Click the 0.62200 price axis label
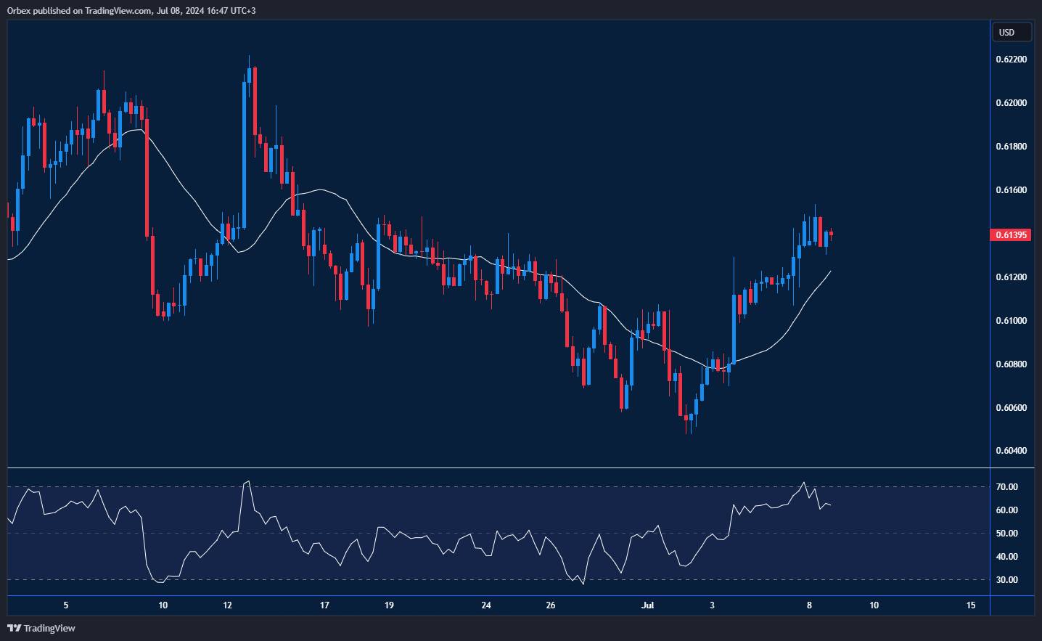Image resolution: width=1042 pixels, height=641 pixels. pyautogui.click(x=1011, y=60)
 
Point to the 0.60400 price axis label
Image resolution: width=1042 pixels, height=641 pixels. pyautogui.click(x=1011, y=451)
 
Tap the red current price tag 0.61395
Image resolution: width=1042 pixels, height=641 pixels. pyautogui.click(x=1010, y=235)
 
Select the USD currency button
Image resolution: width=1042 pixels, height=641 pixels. pyautogui.click(x=1011, y=33)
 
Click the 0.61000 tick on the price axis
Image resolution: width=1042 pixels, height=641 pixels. pyautogui.click(x=1011, y=321)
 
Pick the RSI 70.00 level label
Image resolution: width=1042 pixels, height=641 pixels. pyautogui.click(x=1006, y=487)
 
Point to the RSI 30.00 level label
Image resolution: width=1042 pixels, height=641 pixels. pyautogui.click(x=1006, y=580)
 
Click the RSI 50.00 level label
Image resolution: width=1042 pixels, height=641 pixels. pyautogui.click(x=1006, y=534)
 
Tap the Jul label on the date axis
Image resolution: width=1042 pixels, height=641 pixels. pyautogui.click(x=647, y=605)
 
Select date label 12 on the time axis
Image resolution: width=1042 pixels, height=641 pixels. pyautogui.click(x=227, y=605)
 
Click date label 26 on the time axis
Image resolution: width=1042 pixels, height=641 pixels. pyautogui.click(x=551, y=605)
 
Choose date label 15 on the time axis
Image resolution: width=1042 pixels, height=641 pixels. pyautogui.click(x=971, y=605)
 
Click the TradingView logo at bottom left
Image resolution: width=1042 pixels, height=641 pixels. pyautogui.click(x=41, y=628)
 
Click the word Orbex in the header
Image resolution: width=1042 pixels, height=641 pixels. pyautogui.click(x=20, y=11)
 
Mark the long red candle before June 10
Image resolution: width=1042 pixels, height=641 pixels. pyautogui.click(x=147, y=174)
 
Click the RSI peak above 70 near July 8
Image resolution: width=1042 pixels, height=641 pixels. pyautogui.click(x=803, y=483)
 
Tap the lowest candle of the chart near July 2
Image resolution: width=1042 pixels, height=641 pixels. pyautogui.click(x=691, y=421)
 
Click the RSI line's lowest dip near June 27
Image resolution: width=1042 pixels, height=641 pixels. pyautogui.click(x=583, y=584)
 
